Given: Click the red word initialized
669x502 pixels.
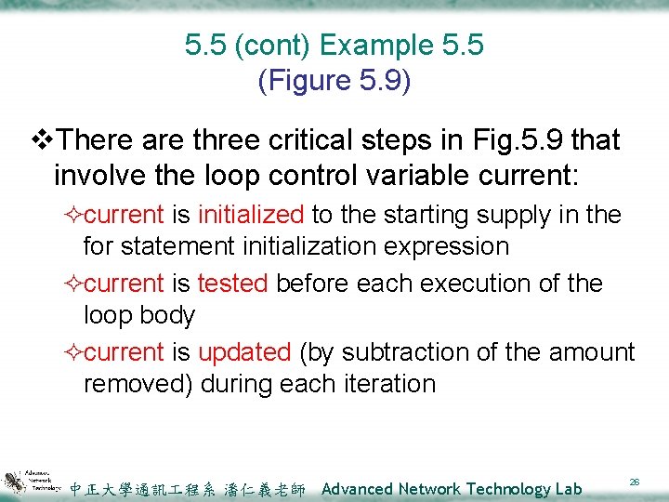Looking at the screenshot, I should [x=251, y=215].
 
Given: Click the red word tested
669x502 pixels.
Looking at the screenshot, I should [x=231, y=284].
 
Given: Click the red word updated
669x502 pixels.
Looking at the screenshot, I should [x=244, y=352].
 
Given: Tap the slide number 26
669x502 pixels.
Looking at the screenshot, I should [x=636, y=482].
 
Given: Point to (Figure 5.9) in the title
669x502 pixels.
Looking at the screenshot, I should [x=334, y=81].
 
